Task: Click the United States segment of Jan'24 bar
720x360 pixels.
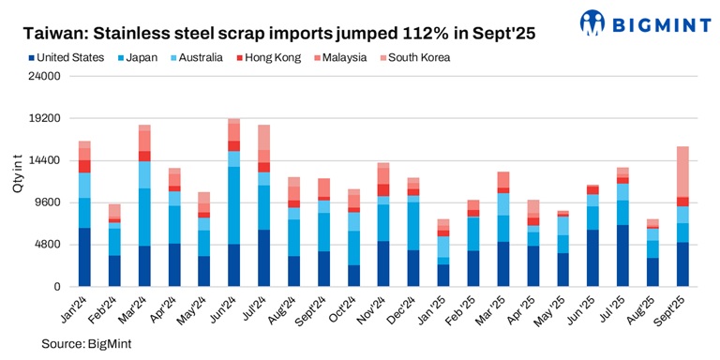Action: point(84,257)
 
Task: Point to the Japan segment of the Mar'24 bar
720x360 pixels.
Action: point(144,217)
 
